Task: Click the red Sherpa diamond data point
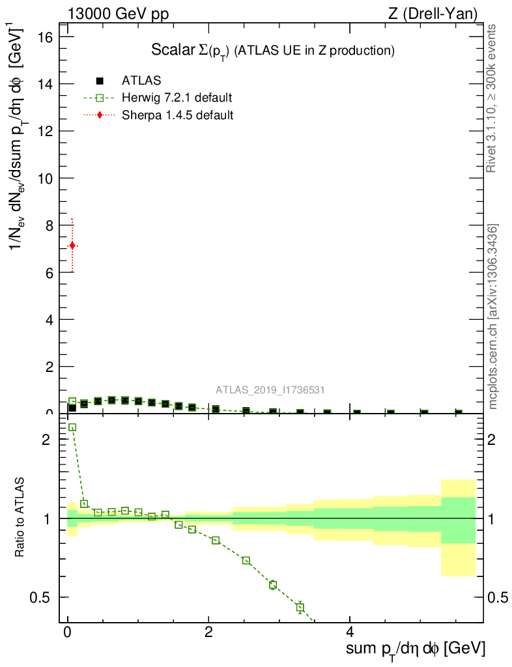tap(72, 246)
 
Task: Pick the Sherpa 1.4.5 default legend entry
tap(177, 115)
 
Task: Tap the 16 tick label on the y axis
tap(45, 37)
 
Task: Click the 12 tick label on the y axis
tap(45, 131)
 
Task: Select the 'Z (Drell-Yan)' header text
tap(440, 14)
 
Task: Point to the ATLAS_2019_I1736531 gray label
tap(270, 390)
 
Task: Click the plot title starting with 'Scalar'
tap(273, 50)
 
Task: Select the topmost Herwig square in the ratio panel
tap(72, 427)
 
